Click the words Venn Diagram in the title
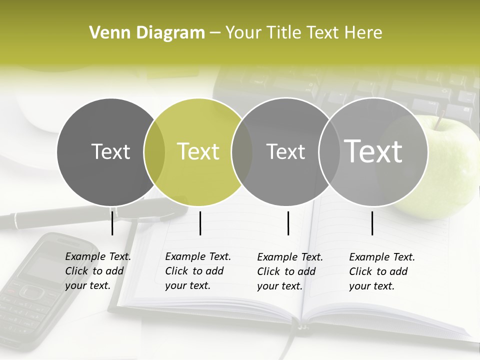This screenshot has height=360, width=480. point(147,33)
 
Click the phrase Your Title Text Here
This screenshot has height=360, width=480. point(303,33)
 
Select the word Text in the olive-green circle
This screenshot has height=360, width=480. point(198,151)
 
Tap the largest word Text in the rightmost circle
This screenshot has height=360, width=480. point(373,151)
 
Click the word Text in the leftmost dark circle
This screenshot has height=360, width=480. point(110,151)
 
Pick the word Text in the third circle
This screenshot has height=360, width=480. point(285,151)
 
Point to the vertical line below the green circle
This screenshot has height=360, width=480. point(200,223)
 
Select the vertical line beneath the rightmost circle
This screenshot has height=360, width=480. point(372,223)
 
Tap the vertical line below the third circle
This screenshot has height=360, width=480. point(288,223)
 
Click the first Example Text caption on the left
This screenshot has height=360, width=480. point(98,271)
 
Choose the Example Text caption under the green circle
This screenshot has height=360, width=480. point(198,271)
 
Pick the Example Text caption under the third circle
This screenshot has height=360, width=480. point(290,271)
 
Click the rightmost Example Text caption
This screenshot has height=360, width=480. point(382,271)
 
